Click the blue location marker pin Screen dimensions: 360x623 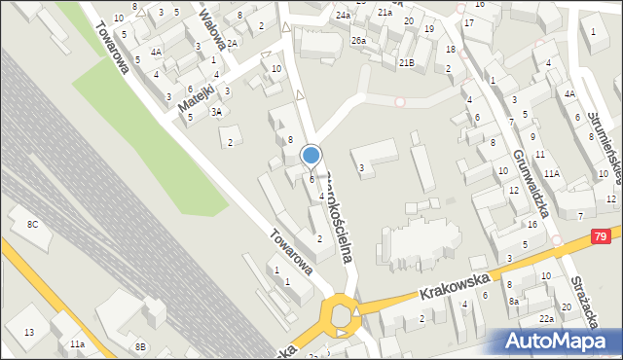pos(311,155)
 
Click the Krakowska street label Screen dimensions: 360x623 pos(455,285)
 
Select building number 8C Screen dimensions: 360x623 pos(32,225)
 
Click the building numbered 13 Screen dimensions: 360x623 pos(29,333)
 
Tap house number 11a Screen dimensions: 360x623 pos(77,344)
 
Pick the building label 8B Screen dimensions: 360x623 pos(140,346)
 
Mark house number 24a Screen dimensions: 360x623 pos(343,17)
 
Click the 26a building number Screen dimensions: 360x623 pos(358,40)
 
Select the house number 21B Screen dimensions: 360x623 pos(406,62)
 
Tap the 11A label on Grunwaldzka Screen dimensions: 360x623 pos(552,173)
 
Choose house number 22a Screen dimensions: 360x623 pos(547,319)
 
